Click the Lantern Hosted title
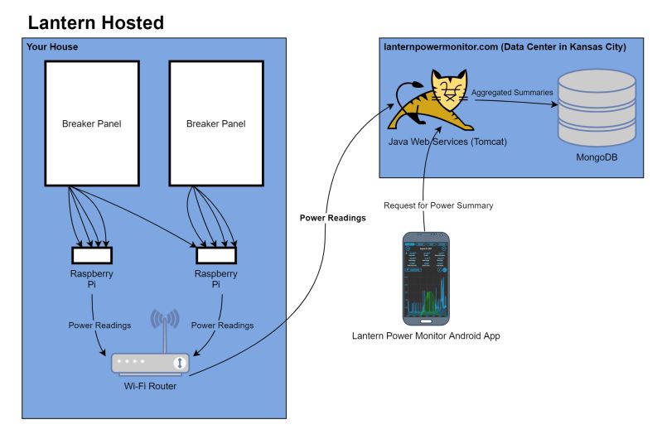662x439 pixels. click(95, 23)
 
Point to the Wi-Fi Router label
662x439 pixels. click(150, 387)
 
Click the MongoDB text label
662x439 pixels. click(597, 157)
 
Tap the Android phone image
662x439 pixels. click(426, 278)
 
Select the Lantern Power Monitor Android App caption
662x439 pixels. click(426, 336)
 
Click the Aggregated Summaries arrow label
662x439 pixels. click(512, 93)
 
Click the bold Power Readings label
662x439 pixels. click(332, 219)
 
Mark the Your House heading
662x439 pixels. click(52, 47)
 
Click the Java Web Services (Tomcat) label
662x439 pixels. click(447, 142)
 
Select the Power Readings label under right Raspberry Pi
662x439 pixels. click(222, 326)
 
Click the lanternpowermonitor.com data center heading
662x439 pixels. click(505, 47)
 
